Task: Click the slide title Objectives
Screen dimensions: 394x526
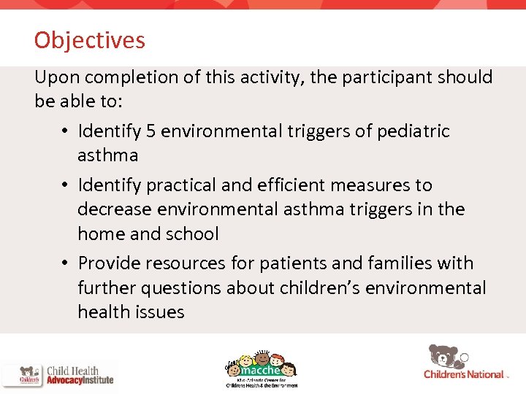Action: point(89,40)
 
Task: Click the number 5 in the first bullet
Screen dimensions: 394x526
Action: point(151,131)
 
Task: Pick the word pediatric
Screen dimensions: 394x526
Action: point(413,131)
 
